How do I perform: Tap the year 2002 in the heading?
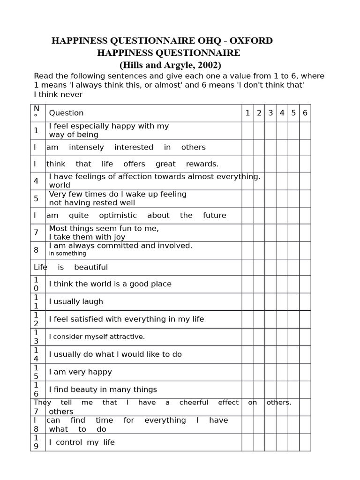point(209,65)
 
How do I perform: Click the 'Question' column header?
point(66,113)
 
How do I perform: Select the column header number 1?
point(247,113)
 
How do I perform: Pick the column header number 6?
point(305,113)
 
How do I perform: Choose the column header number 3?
point(270,113)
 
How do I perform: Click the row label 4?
point(36,181)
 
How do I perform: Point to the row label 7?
point(36,232)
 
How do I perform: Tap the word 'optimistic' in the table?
point(118,216)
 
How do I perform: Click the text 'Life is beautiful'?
point(71,267)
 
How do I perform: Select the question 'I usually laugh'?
point(76,301)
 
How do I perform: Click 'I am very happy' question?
point(81,372)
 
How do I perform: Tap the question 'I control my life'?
point(82,442)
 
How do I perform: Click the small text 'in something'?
point(67,254)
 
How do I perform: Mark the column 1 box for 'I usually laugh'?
point(247,301)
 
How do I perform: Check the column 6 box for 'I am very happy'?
point(305,372)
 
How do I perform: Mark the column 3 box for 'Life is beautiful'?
point(270,267)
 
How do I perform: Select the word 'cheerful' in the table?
point(194,402)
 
